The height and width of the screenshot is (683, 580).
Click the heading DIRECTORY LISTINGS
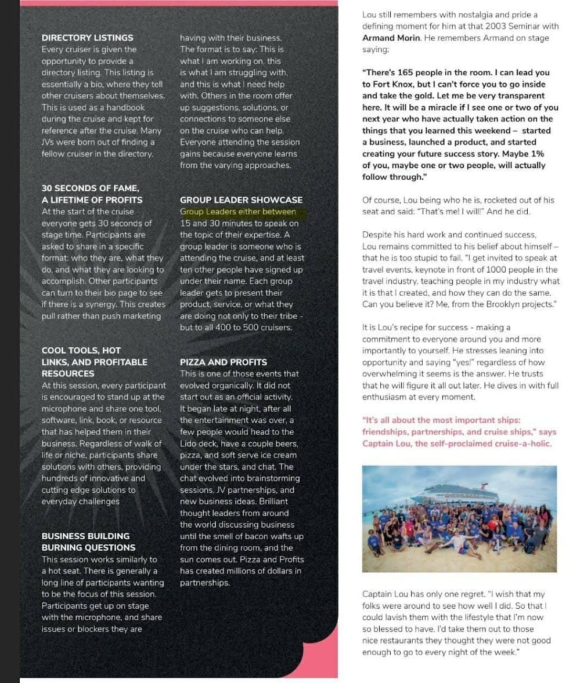(87, 38)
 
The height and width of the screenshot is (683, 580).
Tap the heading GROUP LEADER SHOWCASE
(241, 200)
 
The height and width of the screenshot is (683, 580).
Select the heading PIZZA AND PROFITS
(224, 362)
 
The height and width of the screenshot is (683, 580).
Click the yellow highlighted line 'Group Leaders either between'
(238, 212)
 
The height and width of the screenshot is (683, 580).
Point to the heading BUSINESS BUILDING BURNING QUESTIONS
(88, 542)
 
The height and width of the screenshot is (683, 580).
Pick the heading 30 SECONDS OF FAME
(90, 188)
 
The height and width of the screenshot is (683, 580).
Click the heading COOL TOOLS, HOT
(81, 351)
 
